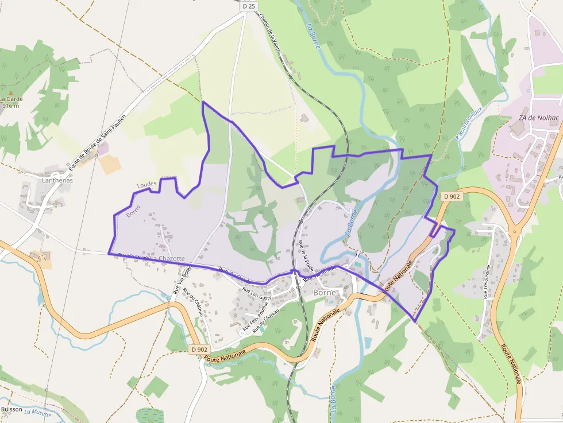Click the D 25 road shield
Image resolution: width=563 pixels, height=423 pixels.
(248, 6)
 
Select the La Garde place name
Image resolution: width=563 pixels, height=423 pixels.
(11, 99)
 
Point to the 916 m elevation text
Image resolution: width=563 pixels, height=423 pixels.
(11, 106)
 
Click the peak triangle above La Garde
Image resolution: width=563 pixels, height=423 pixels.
(10, 92)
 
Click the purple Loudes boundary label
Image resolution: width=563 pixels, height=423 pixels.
(147, 184)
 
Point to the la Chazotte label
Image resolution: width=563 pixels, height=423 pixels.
(168, 259)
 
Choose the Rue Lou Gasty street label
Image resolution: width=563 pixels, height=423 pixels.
(257, 293)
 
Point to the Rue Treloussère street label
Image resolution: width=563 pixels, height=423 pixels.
(487, 282)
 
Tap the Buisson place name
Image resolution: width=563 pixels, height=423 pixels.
(11, 409)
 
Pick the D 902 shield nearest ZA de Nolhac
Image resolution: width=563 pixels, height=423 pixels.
(452, 196)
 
